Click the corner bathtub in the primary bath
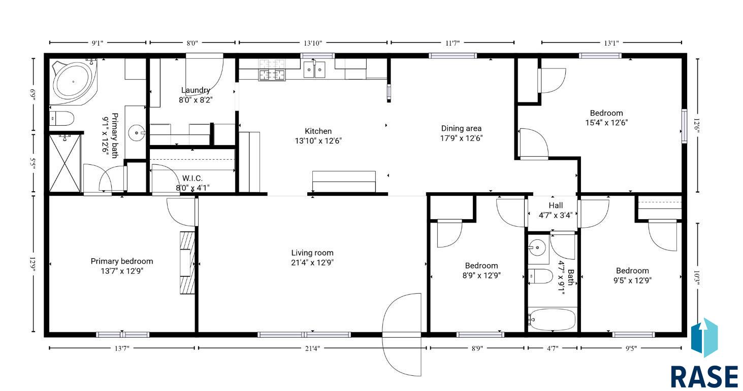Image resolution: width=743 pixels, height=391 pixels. tap(74, 82)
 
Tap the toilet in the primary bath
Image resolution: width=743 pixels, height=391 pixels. tap(61, 118)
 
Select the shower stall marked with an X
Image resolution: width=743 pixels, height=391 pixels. tap(64, 163)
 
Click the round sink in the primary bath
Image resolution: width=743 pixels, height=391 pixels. tap(136, 133)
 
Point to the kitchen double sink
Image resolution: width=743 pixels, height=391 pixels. tap(314, 69)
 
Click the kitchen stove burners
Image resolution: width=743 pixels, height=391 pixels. tap(272, 70)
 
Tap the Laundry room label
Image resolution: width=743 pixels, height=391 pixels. tap(196, 90)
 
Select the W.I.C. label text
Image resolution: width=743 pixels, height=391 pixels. tap(192, 179)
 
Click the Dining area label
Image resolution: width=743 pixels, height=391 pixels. tap(461, 129)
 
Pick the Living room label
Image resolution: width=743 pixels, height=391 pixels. tap(312, 253)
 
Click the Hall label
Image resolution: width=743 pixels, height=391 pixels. tap(556, 205)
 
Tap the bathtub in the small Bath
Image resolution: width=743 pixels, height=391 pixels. tap(552, 319)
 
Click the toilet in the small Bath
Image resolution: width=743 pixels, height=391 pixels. tap(540, 276)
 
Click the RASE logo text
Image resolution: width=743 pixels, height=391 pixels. tap(704, 377)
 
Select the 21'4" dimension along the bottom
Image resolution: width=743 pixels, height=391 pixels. tap(312, 348)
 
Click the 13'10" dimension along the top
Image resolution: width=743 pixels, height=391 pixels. tap(313, 43)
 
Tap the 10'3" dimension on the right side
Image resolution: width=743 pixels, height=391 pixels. tap(698, 279)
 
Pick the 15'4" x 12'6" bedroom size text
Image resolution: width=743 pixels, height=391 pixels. tap(606, 123)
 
